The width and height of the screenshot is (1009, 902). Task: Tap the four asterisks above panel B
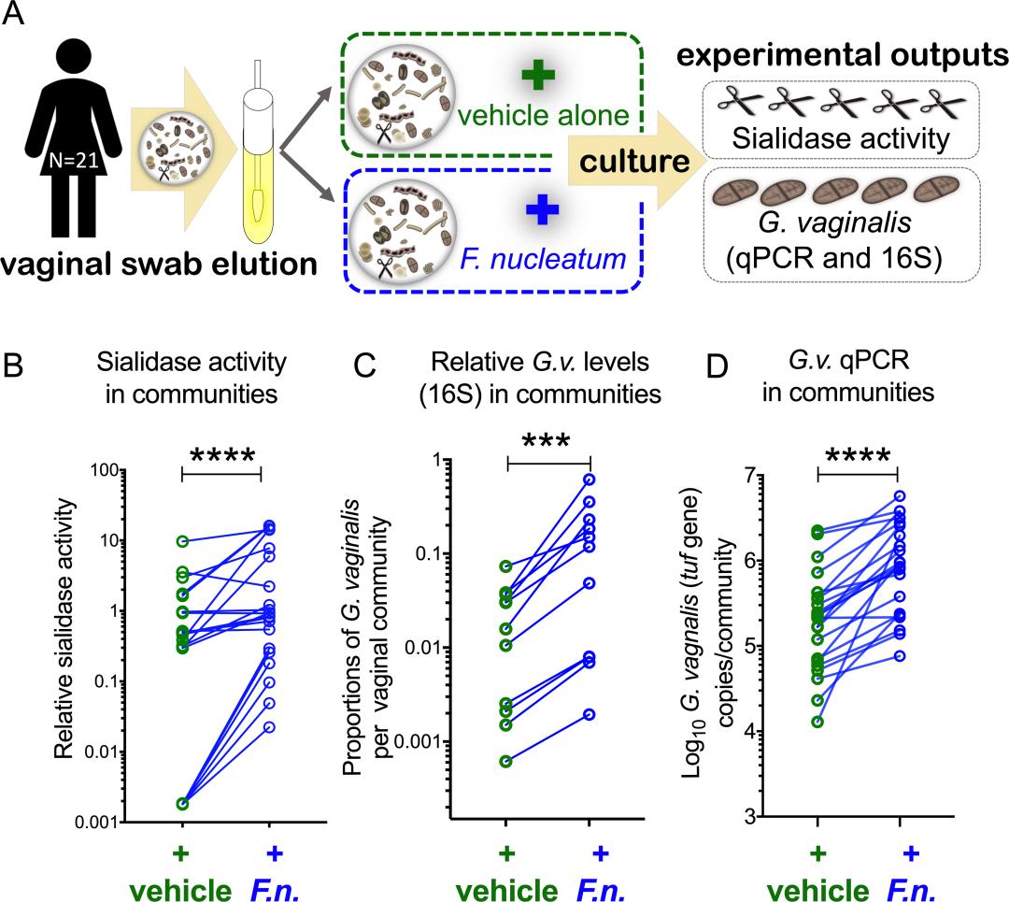pyautogui.click(x=223, y=456)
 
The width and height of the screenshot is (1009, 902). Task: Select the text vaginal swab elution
pyautogui.click(x=160, y=265)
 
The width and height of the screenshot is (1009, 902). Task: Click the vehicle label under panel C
pyautogui.click(x=504, y=884)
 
